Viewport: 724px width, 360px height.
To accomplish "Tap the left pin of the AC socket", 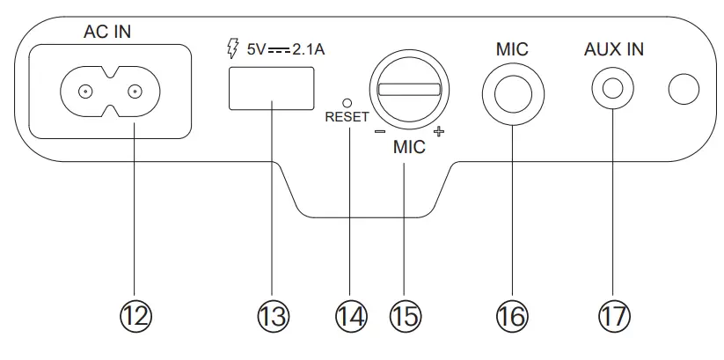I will click(x=85, y=92).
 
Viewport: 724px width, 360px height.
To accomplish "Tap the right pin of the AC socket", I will click(x=135, y=92).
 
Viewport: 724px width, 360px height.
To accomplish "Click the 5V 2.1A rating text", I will click(x=286, y=51).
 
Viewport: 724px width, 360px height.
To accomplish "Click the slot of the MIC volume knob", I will click(x=409, y=89).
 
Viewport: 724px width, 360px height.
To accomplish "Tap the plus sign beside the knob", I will click(x=439, y=133).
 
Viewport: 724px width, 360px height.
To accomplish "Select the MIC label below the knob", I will click(x=409, y=149).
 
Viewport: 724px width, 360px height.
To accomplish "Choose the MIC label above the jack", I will click(x=511, y=49).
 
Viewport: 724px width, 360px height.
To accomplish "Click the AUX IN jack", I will click(x=613, y=89).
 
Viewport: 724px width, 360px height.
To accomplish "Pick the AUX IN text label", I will click(x=613, y=49).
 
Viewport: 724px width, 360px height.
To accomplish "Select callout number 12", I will click(x=134, y=315).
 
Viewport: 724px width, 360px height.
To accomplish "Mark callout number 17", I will click(x=613, y=315).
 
